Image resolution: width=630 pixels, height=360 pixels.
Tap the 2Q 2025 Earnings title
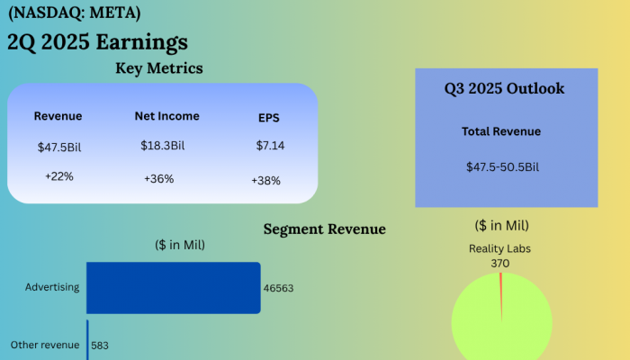pyautogui.click(x=97, y=42)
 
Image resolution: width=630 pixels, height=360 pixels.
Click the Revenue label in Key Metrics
pyautogui.click(x=58, y=116)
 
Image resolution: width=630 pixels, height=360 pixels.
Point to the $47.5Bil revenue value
pyautogui.click(x=59, y=146)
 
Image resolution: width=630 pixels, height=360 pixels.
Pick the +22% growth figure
pyautogui.click(x=58, y=176)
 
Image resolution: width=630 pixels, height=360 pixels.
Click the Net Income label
pyautogui.click(x=167, y=116)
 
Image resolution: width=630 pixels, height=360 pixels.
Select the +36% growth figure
pyautogui.click(x=158, y=179)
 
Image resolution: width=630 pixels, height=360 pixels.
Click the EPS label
pyautogui.click(x=269, y=118)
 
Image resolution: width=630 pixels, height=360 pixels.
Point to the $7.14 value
pyautogui.click(x=269, y=145)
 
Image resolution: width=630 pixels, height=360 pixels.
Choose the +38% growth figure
pyautogui.click(x=266, y=181)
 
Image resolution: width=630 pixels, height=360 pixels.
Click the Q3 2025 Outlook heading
pyautogui.click(x=504, y=88)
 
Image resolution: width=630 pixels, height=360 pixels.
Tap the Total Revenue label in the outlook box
pyautogui.click(x=501, y=131)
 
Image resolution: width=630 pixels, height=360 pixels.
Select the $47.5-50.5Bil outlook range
pyautogui.click(x=502, y=167)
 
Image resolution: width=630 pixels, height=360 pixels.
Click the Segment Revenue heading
pyautogui.click(x=324, y=229)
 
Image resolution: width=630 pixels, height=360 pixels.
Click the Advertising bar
pyautogui.click(x=173, y=288)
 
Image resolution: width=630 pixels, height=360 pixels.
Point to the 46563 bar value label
pyautogui.click(x=278, y=289)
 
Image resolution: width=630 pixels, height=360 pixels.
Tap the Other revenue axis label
pyautogui.click(x=45, y=345)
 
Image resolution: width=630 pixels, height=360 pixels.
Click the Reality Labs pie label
pyautogui.click(x=500, y=247)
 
